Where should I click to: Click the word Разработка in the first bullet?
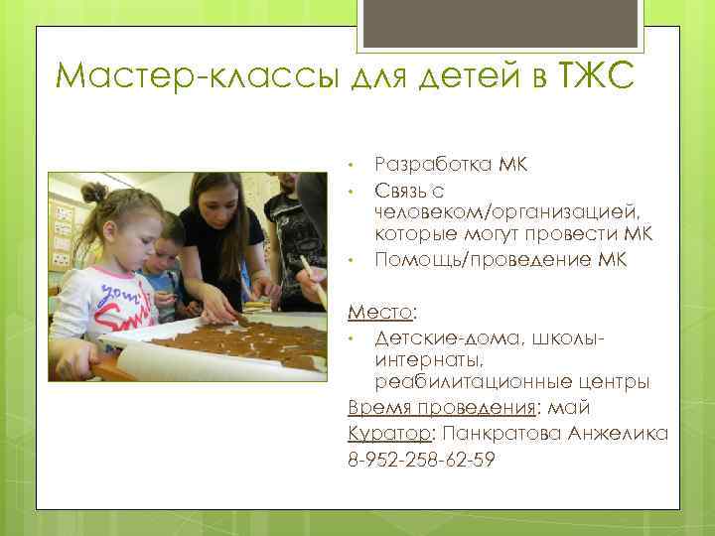click(431, 163)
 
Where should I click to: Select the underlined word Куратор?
click(389, 434)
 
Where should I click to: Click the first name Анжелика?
click(620, 434)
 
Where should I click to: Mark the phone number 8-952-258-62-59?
click(421, 460)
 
